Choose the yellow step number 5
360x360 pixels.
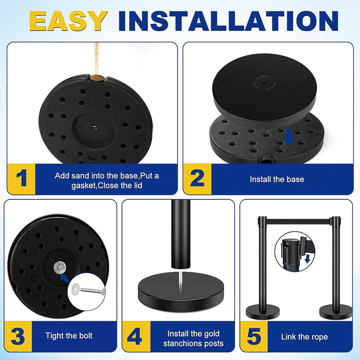pos(253,336)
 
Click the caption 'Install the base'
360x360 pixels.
pos(277,179)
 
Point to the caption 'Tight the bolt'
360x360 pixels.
pos(69,336)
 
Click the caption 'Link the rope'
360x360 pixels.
pos(304,337)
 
